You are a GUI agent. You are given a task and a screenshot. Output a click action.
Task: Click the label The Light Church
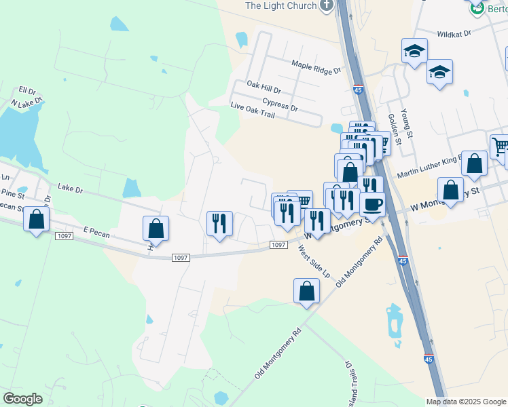pos(280,5)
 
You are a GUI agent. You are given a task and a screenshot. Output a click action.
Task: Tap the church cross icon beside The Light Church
pos(327,6)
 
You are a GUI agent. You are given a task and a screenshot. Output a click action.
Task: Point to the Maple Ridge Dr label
pos(316,66)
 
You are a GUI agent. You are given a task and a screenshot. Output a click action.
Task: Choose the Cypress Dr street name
pos(280,104)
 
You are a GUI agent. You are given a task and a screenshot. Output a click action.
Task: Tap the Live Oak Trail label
pos(253,111)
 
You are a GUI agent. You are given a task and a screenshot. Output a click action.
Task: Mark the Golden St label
pos(393,125)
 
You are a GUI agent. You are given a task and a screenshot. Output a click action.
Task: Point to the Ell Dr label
pos(26,90)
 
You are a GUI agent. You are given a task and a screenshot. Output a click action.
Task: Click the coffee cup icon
pos(371,203)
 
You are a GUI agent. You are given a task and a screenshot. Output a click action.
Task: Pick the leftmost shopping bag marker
pos(36,218)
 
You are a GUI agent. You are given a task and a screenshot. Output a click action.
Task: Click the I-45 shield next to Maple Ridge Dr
pos(358,89)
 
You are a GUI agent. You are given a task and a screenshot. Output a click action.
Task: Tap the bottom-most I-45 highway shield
pos(428,360)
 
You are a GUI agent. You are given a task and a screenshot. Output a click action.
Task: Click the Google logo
pos(22,399)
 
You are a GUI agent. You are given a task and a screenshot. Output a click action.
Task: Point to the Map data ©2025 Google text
pos(465,402)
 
